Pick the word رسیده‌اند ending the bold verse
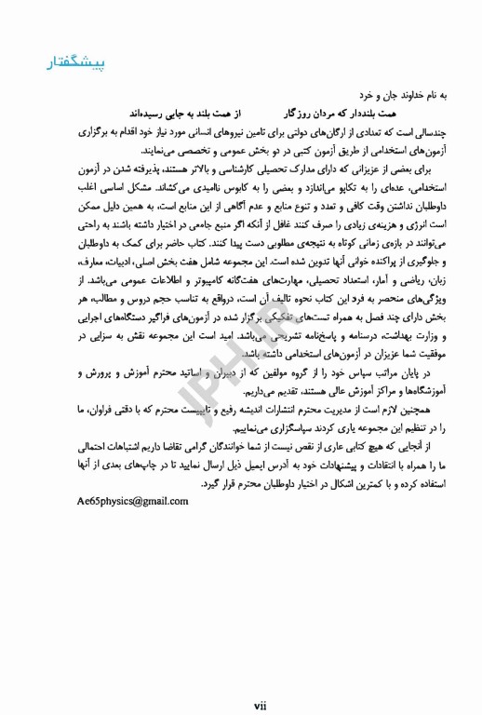[x=150, y=111]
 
